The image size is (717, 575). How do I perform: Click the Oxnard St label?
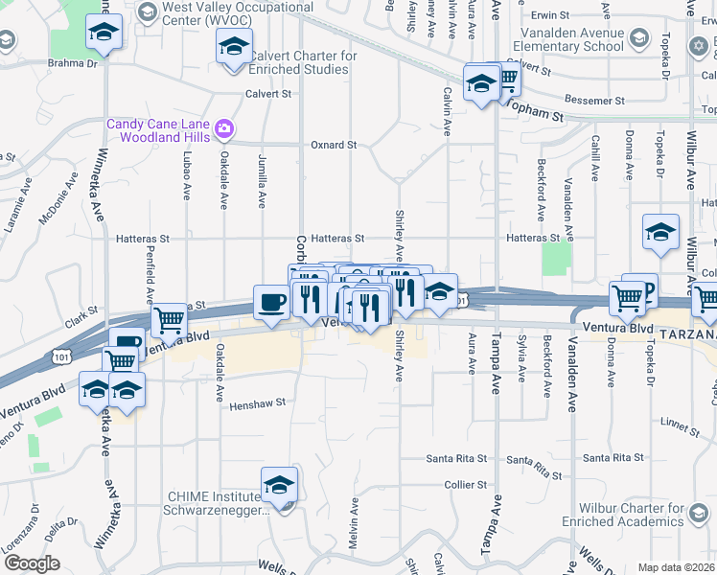(x=334, y=146)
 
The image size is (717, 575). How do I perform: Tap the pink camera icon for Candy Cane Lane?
(x=224, y=127)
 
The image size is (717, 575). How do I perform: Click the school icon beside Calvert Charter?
(x=233, y=46)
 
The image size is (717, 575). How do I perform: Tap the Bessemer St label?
(x=595, y=100)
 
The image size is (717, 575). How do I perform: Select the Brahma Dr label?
(x=67, y=64)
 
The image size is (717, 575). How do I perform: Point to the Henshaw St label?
(x=258, y=404)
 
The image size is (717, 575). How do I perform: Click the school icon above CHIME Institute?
(x=279, y=485)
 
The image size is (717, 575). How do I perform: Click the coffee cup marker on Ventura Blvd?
(x=270, y=303)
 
